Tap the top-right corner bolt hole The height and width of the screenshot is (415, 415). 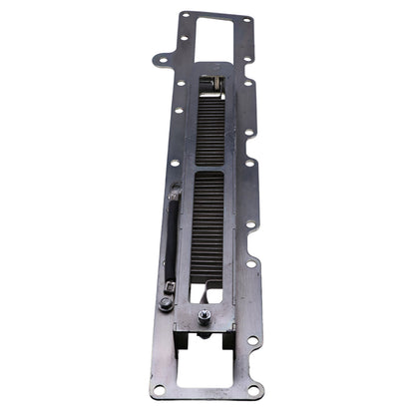246,18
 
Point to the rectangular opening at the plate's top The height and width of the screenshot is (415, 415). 214,37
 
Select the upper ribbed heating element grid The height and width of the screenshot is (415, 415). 211,131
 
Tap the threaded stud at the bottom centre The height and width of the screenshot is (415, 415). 204,316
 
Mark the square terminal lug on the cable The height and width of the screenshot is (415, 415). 169,288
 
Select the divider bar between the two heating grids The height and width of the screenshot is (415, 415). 210,169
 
